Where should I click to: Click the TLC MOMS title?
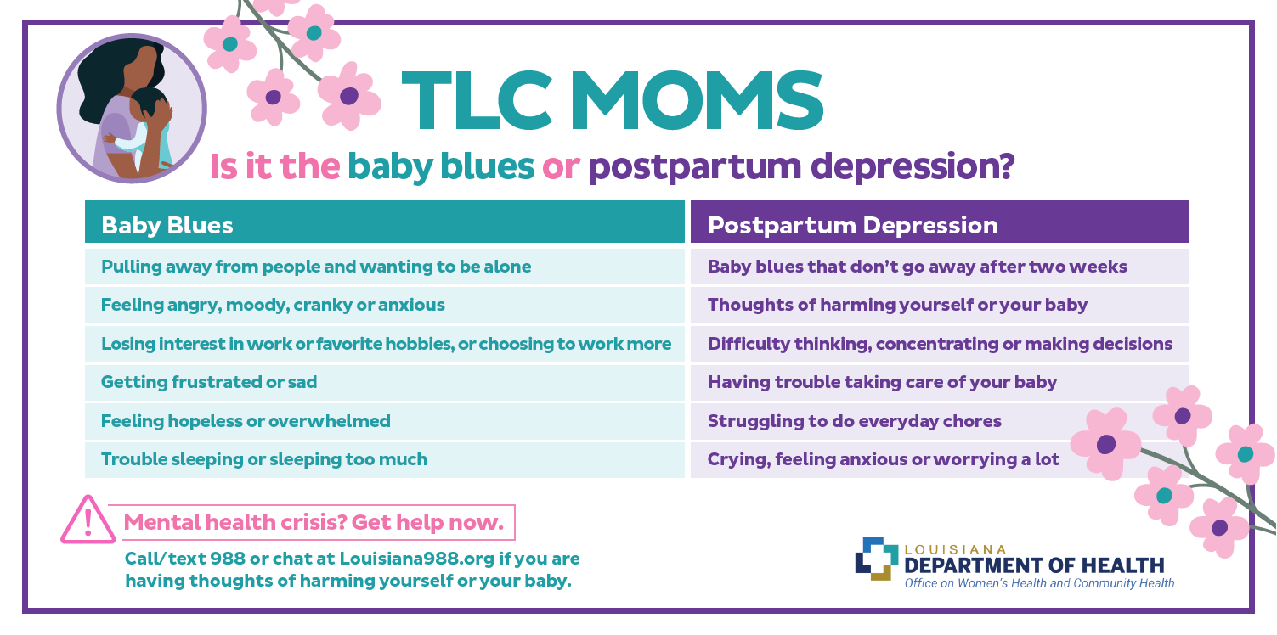coord(613,101)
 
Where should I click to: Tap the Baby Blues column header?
coord(385,222)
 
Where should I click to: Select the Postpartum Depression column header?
coord(940,222)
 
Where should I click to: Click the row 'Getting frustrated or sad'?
coord(385,382)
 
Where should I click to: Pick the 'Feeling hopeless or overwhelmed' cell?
coord(385,421)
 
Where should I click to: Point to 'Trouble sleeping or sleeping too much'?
coord(385,459)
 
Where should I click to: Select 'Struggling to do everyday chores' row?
coord(940,421)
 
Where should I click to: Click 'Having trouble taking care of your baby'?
coord(940,382)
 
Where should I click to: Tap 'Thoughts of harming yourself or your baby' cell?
coord(940,305)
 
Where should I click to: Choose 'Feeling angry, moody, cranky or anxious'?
coord(385,305)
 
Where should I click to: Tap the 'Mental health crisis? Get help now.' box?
coord(312,522)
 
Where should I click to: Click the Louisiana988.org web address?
coord(416,559)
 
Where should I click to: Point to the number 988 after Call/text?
coord(228,559)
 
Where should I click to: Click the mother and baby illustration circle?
coord(132,108)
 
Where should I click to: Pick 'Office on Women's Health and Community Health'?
coord(1039,583)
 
